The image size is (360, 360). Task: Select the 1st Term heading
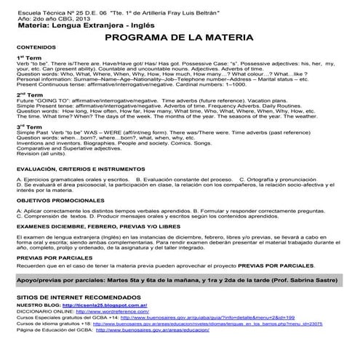click(x=30, y=57)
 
